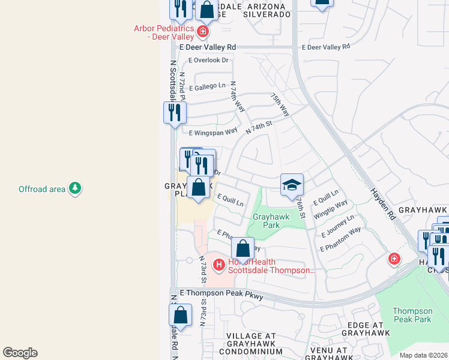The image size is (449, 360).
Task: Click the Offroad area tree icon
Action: pos(75,189)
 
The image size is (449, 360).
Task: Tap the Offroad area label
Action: pos(42,190)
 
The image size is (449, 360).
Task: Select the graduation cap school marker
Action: pos(292,185)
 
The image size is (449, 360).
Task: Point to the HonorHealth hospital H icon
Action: pos(219,263)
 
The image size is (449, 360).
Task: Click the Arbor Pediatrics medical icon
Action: pos(203,31)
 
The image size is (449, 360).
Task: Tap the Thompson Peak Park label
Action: pos(412,315)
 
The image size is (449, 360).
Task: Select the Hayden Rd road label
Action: pos(383,201)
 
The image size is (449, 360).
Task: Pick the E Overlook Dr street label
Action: pos(209,60)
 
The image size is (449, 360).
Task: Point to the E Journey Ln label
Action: pos(338,226)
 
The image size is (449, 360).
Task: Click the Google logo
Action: pos(20,353)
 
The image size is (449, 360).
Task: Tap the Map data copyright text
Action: pos(424,355)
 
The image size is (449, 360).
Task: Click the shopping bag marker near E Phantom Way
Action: pos(243,249)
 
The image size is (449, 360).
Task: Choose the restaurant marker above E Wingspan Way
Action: pos(175,113)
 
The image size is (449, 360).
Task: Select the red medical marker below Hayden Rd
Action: pos(394,259)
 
